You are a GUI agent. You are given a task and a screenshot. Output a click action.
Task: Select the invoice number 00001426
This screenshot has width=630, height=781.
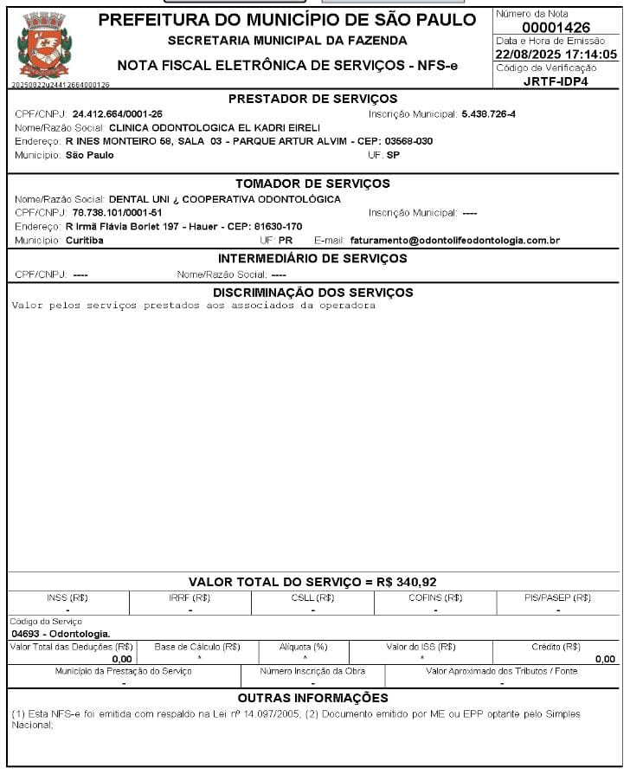click(555, 28)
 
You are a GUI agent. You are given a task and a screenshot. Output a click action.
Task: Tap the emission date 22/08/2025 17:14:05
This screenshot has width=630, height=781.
click(555, 55)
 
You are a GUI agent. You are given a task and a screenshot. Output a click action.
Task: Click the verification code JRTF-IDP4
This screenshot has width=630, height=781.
click(555, 81)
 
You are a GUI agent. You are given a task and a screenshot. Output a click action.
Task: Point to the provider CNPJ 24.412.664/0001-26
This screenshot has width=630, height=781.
click(118, 114)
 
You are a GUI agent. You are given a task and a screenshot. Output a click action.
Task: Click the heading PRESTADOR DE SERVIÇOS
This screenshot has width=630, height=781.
click(312, 99)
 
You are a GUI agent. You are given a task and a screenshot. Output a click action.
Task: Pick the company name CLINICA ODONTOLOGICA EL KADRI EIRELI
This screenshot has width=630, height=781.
click(215, 127)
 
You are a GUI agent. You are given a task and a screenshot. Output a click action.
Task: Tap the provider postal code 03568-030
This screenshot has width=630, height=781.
click(408, 141)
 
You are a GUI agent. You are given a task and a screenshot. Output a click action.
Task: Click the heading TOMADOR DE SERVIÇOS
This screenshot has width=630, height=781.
click(312, 184)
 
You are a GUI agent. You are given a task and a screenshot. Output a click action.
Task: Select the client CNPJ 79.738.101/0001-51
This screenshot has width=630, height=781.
click(117, 213)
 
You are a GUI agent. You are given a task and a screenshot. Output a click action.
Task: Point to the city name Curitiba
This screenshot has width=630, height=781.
click(85, 241)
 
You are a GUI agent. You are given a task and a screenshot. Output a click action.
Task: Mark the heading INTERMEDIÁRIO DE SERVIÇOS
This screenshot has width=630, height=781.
click(312, 259)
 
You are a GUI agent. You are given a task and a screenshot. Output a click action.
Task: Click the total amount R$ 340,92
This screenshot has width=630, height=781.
click(407, 582)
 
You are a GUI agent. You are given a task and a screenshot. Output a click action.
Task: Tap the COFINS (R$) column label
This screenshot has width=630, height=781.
click(435, 597)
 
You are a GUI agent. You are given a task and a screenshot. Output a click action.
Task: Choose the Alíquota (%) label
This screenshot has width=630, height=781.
click(303, 647)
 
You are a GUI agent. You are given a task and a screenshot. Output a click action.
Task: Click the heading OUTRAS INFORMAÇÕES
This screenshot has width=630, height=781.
click(312, 698)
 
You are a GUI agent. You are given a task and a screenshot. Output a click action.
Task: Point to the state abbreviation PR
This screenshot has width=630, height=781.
click(286, 241)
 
